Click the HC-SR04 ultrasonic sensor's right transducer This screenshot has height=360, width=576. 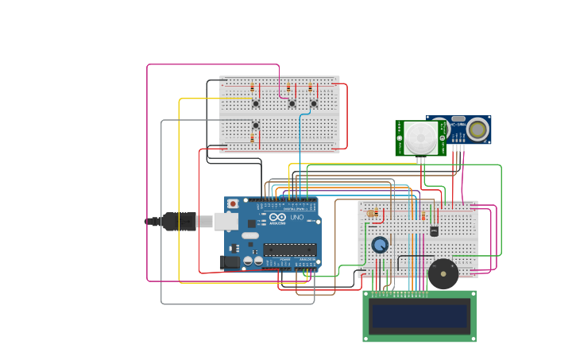coord(477,130)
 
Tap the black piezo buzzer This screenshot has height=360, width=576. coord(443,273)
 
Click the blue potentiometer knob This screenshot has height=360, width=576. coord(380,244)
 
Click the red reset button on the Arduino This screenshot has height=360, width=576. coord(233,203)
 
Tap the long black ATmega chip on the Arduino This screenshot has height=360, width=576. coord(290,250)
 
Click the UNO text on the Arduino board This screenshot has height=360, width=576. coord(296,217)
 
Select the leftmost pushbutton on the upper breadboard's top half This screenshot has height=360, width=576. coord(256,103)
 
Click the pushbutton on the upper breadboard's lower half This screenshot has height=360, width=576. coord(256,125)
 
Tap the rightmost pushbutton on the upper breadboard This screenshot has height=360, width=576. coord(313,103)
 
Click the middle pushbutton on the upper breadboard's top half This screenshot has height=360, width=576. coord(292,103)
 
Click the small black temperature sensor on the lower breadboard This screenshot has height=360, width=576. coord(434,231)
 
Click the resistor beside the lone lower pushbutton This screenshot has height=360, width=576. coord(252,138)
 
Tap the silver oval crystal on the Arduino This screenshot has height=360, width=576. coord(250,235)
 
